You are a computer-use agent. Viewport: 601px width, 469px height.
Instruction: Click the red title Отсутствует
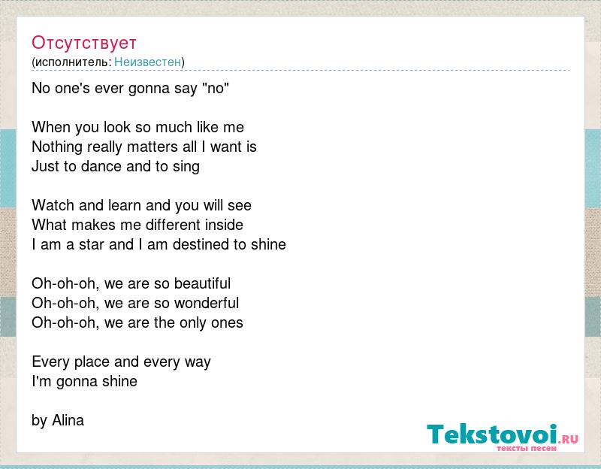pyautogui.click(x=84, y=43)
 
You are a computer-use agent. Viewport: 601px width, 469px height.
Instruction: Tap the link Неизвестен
pyautogui.click(x=147, y=62)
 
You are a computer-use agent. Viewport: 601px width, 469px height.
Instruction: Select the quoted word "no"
pyautogui.click(x=215, y=88)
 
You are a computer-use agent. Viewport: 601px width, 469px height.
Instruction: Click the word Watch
pyautogui.click(x=53, y=205)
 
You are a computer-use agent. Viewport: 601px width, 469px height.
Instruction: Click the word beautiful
pyautogui.click(x=202, y=283)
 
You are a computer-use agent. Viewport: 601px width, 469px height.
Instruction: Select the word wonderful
pyautogui.click(x=207, y=303)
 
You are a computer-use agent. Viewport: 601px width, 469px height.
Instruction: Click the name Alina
pyautogui.click(x=68, y=420)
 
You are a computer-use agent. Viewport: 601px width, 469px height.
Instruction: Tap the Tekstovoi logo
pyautogui.click(x=503, y=437)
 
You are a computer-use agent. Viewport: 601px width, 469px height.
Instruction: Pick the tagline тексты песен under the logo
pyautogui.click(x=527, y=448)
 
